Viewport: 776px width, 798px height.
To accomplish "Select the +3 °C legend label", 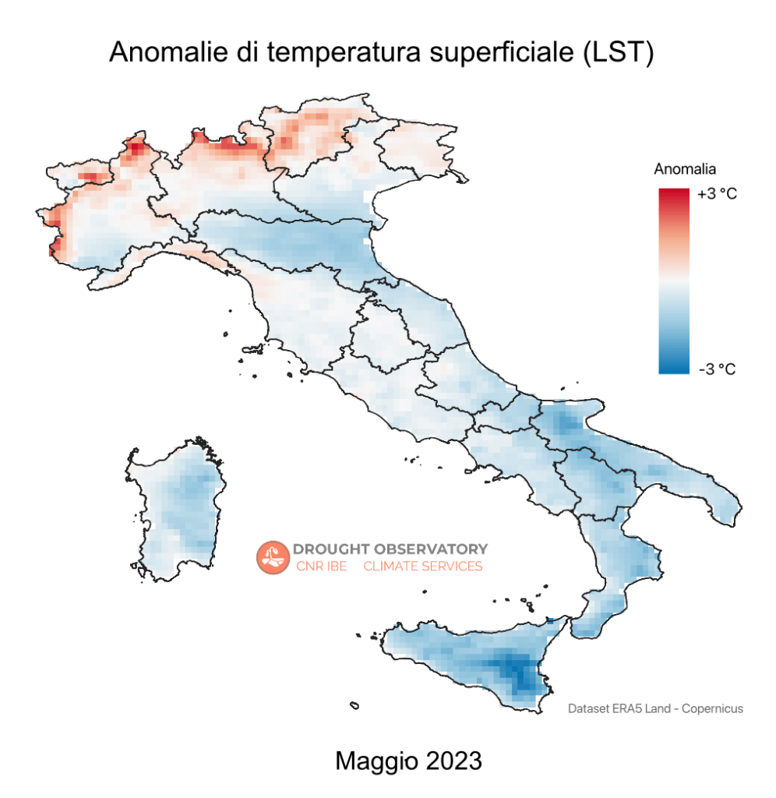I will (x=717, y=194).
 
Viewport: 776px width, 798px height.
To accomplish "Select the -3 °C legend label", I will (x=717, y=369).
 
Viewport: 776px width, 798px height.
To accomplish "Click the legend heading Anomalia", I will (x=684, y=169).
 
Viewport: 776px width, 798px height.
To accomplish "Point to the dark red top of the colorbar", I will (x=673, y=195).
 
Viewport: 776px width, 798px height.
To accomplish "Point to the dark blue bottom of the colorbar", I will (x=673, y=368).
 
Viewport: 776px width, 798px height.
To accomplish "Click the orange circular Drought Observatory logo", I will (x=272, y=556).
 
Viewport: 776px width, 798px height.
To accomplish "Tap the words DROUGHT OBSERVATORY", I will (x=390, y=549).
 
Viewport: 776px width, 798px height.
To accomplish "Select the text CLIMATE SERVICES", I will (x=423, y=567).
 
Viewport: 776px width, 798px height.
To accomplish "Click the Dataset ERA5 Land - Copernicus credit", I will (x=655, y=708).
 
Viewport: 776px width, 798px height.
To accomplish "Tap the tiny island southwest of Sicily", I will (x=354, y=706).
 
